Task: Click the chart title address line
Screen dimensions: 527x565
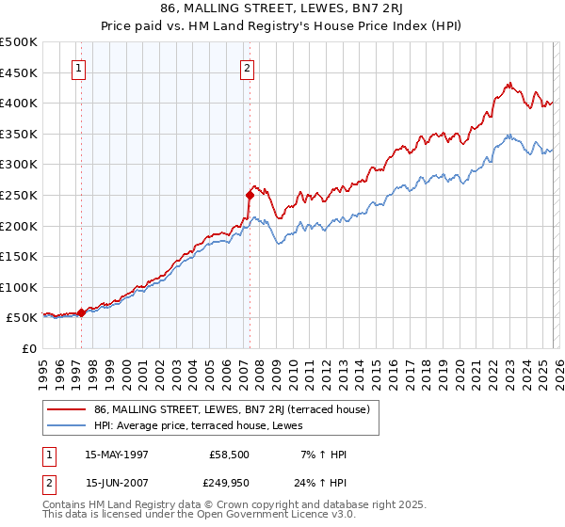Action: click(282, 8)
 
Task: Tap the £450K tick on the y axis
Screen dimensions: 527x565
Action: click(19, 72)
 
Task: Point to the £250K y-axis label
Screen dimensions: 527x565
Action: click(19, 195)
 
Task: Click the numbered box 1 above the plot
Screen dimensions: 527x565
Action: click(78, 68)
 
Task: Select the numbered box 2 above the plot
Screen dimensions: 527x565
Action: click(247, 68)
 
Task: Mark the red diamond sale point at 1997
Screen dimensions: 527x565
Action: click(82, 312)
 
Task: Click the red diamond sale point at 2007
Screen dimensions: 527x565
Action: click(250, 195)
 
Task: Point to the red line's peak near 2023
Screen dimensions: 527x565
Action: click(508, 83)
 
